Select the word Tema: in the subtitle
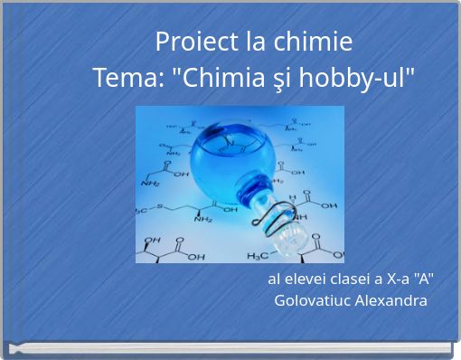(x=127, y=79)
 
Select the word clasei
(x=347, y=279)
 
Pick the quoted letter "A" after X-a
(x=423, y=279)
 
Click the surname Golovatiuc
(x=314, y=300)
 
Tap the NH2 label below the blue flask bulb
(x=203, y=218)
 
